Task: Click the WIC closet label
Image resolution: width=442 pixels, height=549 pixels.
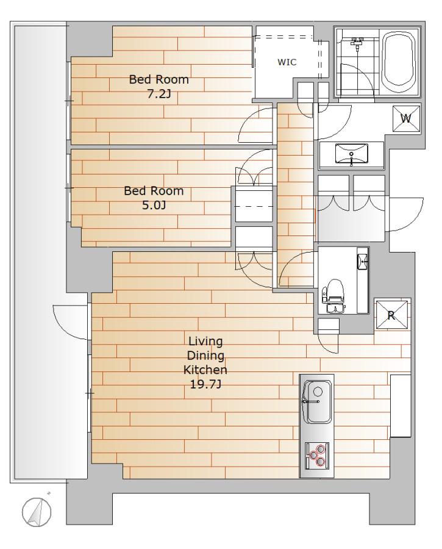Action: (287, 62)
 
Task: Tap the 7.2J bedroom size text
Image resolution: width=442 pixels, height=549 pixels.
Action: (159, 94)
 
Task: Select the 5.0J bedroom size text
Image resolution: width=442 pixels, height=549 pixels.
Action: (154, 205)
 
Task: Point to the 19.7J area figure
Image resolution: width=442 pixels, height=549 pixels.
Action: (205, 384)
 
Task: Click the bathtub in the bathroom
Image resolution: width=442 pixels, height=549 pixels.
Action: (400, 62)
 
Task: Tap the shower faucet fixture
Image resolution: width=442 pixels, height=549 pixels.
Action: (356, 44)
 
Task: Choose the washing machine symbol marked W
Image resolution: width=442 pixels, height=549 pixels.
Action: (406, 119)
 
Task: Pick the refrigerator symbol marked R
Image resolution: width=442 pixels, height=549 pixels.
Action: (391, 315)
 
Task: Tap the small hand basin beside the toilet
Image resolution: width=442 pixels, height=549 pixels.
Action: (363, 261)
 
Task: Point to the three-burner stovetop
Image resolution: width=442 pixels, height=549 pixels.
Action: (317, 456)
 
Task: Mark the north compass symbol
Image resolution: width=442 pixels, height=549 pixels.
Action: (37, 512)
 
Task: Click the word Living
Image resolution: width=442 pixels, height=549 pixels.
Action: (205, 341)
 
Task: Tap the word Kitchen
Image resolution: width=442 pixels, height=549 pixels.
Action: (205, 370)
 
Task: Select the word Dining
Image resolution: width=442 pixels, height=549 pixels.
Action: (205, 356)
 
